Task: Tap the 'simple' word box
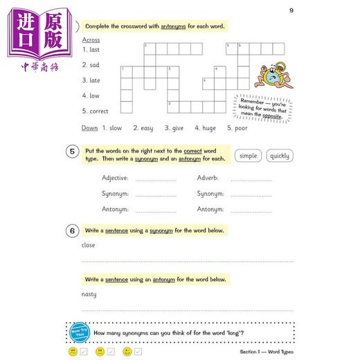click(248, 156)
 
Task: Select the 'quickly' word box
click(280, 156)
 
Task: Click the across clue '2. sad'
click(91, 64)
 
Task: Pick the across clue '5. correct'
click(96, 111)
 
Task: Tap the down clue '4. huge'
click(206, 128)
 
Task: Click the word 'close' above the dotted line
click(89, 245)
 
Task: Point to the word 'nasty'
click(89, 294)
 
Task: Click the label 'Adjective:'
click(115, 178)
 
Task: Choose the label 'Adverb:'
click(208, 178)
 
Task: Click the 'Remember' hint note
click(262, 106)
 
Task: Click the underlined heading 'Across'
click(91, 40)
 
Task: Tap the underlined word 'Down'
click(89, 128)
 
